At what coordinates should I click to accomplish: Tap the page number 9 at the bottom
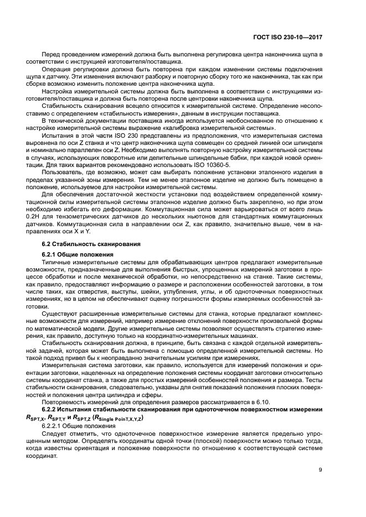[320, 470]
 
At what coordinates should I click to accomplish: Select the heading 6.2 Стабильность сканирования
[91, 244]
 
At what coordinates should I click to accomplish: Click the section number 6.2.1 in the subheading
[52, 254]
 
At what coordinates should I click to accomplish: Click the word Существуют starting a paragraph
[61, 312]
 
